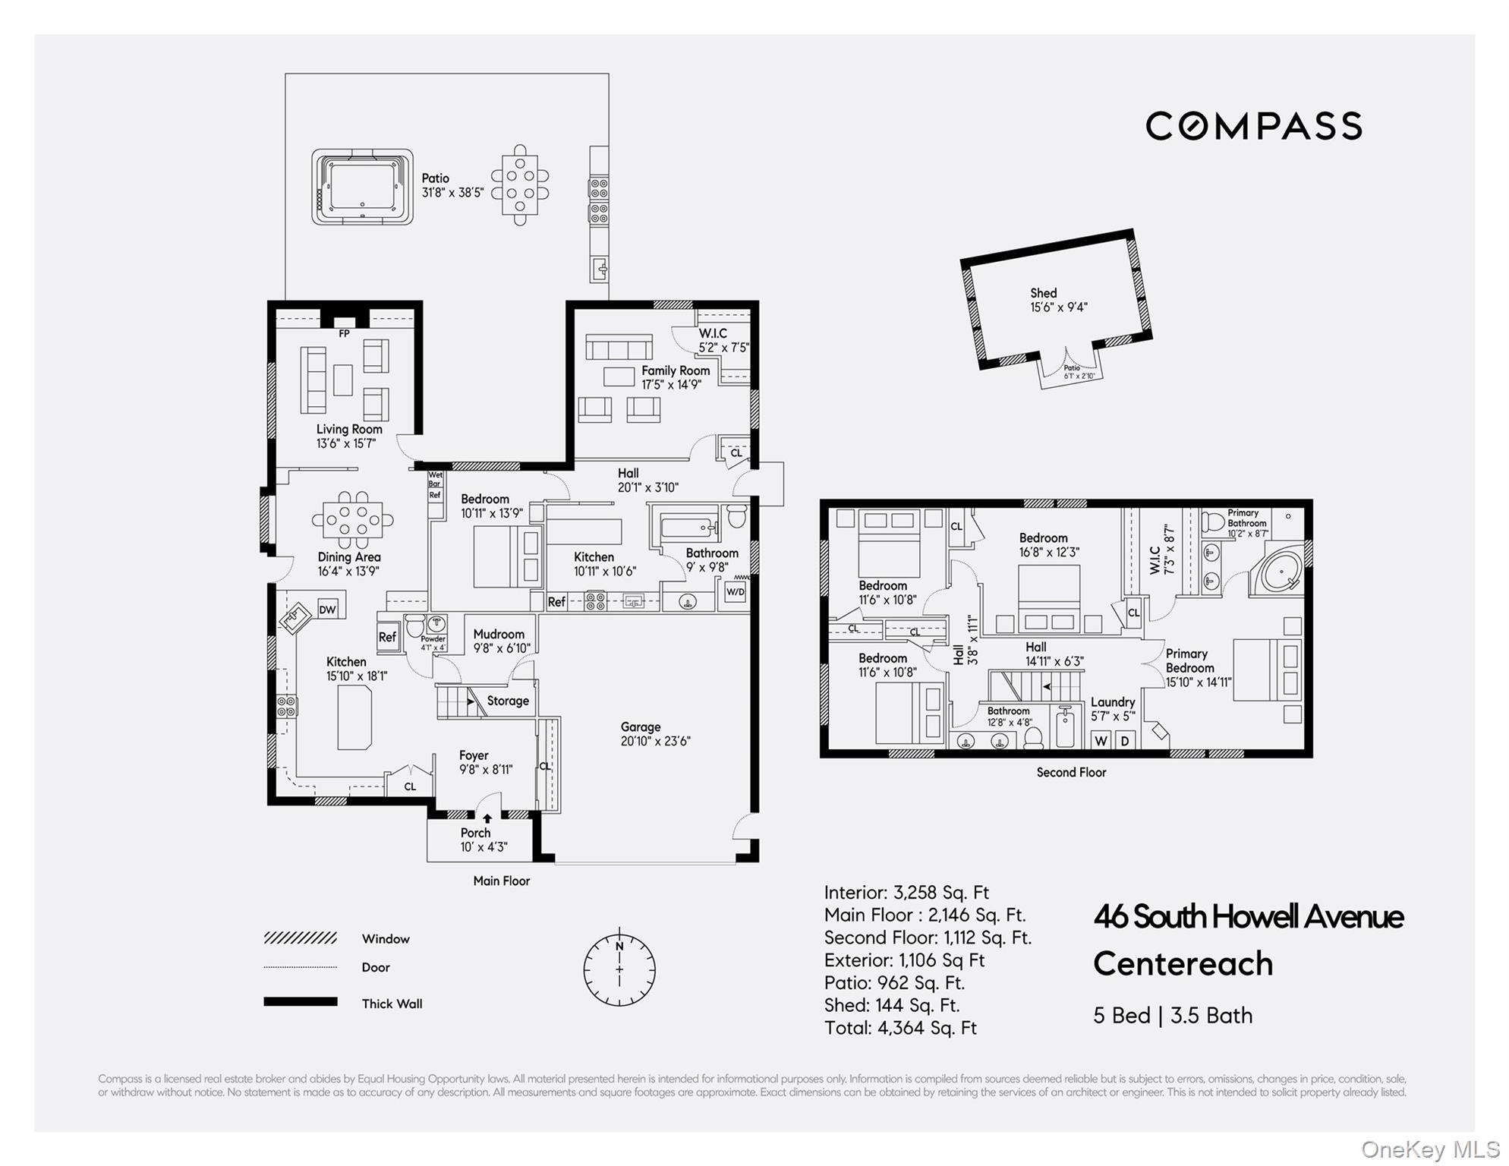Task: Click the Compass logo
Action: (x=1253, y=126)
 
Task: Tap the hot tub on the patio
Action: (x=362, y=187)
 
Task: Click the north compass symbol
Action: (x=619, y=969)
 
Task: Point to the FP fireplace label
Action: (x=344, y=333)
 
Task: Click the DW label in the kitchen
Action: (x=327, y=610)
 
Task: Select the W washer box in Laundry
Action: (x=1101, y=740)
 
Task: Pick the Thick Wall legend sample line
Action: (x=301, y=1002)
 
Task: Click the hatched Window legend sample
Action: (x=301, y=938)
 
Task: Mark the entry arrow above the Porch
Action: (x=487, y=818)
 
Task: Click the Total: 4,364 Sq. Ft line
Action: (x=900, y=1028)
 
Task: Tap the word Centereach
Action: (x=1183, y=964)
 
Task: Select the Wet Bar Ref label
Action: (x=435, y=484)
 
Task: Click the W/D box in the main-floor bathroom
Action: (x=736, y=592)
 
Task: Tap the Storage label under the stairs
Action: (x=508, y=701)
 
